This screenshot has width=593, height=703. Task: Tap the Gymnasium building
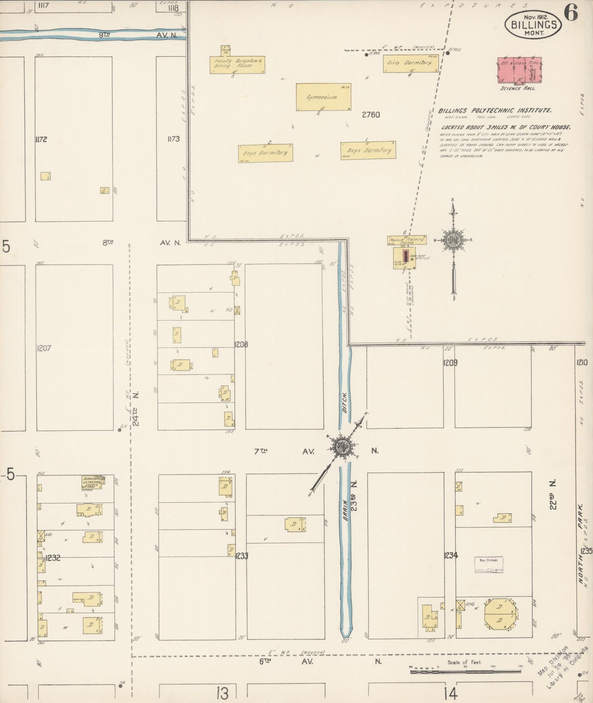tap(323, 97)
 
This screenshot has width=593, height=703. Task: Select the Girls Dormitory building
tap(411, 64)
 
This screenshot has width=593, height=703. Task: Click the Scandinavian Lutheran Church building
tap(94, 483)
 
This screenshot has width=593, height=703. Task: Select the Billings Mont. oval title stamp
tap(536, 25)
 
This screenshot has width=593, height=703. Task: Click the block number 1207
tap(44, 348)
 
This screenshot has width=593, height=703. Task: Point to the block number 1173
tap(173, 139)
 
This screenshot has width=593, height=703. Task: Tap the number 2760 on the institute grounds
tap(371, 115)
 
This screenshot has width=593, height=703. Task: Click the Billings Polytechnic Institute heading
tap(495, 111)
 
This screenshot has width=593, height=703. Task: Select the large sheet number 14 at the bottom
tap(450, 694)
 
